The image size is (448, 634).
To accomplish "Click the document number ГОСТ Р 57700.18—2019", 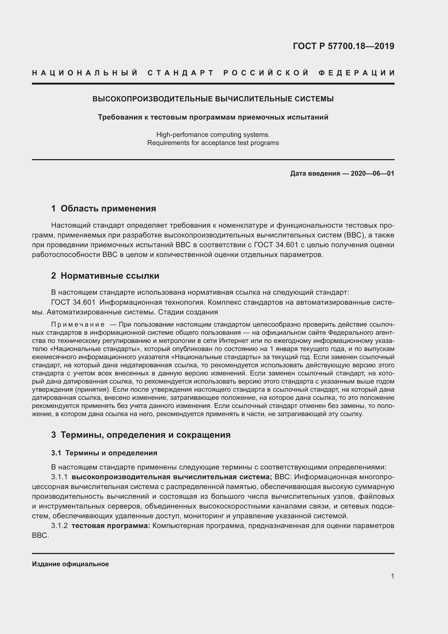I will (343, 46).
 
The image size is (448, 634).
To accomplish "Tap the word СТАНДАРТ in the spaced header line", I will (181, 73).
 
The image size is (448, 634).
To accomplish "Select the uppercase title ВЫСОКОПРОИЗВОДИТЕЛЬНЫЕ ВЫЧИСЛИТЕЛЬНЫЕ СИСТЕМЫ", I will (213, 99).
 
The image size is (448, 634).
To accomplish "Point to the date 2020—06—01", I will (372, 173).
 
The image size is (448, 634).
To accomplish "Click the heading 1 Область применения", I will (104, 208).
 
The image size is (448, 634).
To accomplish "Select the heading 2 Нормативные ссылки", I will (105, 276).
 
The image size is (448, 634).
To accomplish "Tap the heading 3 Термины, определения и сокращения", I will (141, 435).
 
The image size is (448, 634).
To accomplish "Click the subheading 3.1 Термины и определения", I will (104, 453).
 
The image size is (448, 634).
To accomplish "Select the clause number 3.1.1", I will (59, 477).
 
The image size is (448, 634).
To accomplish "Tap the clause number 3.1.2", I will (59, 526).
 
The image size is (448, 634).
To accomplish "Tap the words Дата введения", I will (315, 173).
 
